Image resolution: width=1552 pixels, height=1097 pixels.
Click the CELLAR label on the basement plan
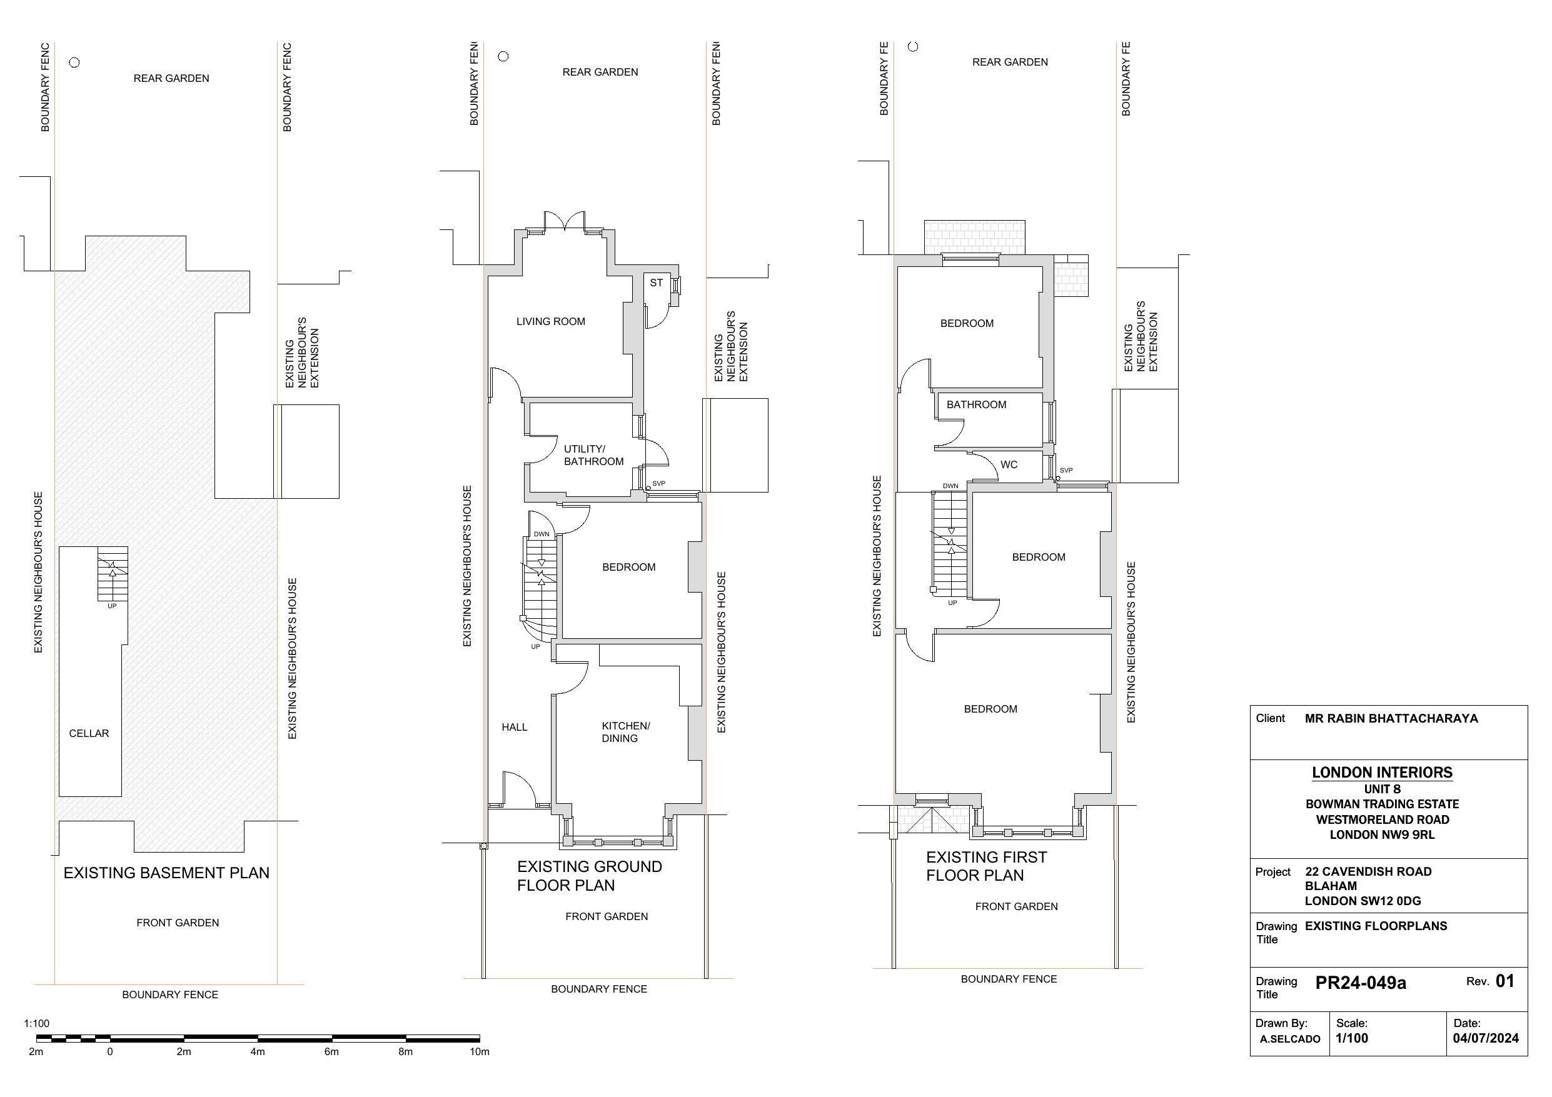(x=89, y=733)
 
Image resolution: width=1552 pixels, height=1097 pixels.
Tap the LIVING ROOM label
(x=550, y=322)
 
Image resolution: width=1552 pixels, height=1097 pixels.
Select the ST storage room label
(x=656, y=283)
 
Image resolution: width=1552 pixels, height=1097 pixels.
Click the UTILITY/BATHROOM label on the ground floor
(x=593, y=455)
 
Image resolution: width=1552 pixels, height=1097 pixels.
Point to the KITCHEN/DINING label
(x=625, y=732)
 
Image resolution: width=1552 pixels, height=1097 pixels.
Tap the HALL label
(x=514, y=728)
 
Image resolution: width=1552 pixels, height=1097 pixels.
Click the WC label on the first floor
(x=1009, y=465)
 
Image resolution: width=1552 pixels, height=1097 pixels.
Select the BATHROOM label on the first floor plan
(x=975, y=405)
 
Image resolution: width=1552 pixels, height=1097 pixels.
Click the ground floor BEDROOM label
(x=628, y=567)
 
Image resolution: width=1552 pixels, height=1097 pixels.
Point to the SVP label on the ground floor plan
(x=658, y=483)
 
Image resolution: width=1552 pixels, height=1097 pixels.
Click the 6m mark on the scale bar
(x=331, y=1052)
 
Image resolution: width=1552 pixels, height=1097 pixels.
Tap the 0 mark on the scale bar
(x=109, y=1052)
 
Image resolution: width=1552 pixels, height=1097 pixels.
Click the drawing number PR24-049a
(x=1360, y=983)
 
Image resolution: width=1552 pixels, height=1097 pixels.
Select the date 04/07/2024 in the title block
(x=1485, y=1039)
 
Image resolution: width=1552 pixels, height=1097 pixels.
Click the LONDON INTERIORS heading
(x=1382, y=773)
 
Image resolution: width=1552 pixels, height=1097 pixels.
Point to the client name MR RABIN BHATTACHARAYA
(x=1391, y=718)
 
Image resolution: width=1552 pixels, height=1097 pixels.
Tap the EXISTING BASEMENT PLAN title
(x=166, y=873)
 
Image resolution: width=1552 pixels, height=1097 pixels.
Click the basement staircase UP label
(x=111, y=606)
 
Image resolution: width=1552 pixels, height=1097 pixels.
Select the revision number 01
(x=1504, y=981)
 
